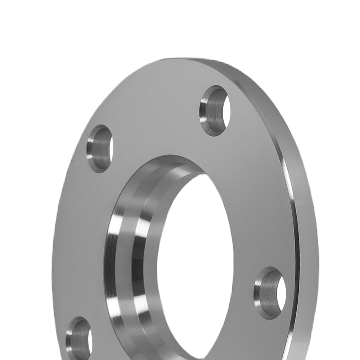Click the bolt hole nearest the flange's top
click(215, 111)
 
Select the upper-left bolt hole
click(100, 148)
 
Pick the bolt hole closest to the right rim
click(270, 293)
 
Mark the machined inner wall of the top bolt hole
click(211, 112)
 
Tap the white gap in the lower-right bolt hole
click(281, 293)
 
